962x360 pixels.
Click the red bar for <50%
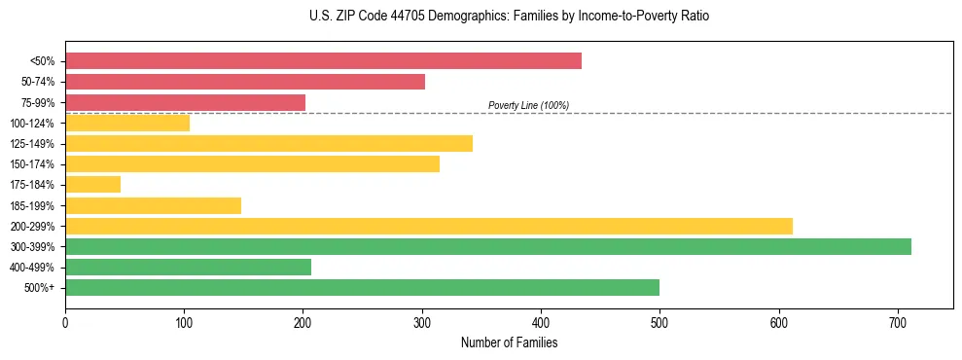(x=323, y=60)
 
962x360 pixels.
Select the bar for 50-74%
(x=245, y=82)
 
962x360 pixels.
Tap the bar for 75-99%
(x=185, y=102)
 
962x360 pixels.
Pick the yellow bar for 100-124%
(x=127, y=123)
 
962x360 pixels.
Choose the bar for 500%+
(x=362, y=287)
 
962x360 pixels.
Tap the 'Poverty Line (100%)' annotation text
(x=528, y=105)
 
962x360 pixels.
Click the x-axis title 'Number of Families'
(x=509, y=342)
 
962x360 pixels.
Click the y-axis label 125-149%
(x=33, y=144)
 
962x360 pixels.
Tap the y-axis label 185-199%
(x=33, y=205)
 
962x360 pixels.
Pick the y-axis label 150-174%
(x=33, y=164)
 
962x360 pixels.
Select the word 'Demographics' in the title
(x=451, y=17)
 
